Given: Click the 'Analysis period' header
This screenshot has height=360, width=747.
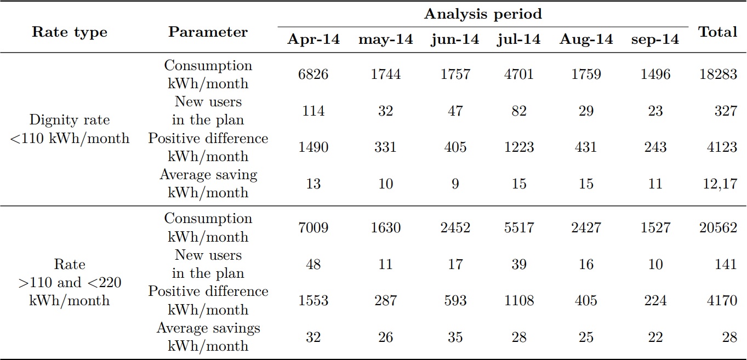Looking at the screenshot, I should [x=482, y=14].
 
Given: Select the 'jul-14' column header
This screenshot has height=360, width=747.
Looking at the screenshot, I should [x=518, y=39].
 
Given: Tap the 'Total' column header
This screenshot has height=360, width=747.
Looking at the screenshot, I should [x=717, y=32].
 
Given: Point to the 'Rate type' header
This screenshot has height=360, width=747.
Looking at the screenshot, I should [x=70, y=32].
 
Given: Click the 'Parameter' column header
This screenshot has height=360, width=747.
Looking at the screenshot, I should [x=208, y=32].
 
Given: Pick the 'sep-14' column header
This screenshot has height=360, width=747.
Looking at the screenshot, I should [x=654, y=39].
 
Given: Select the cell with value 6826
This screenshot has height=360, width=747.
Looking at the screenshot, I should [x=313, y=75].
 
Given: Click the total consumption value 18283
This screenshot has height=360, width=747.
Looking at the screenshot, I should [x=717, y=75].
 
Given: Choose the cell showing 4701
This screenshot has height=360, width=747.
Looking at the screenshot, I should [x=518, y=75].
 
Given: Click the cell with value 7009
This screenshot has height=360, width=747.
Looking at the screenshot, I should [x=313, y=227].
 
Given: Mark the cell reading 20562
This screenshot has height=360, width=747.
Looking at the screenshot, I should [x=717, y=227].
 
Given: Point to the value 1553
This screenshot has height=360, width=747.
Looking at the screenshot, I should [x=313, y=300].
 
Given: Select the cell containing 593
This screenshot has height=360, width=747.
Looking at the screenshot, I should [x=454, y=300].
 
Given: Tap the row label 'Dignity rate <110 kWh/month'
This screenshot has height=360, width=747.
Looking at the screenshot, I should [x=70, y=129].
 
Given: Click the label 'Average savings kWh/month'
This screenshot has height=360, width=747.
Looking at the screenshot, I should [x=208, y=337].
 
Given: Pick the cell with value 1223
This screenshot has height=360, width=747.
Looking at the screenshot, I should [x=518, y=147].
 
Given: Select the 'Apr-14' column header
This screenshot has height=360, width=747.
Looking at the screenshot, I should [x=313, y=39].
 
